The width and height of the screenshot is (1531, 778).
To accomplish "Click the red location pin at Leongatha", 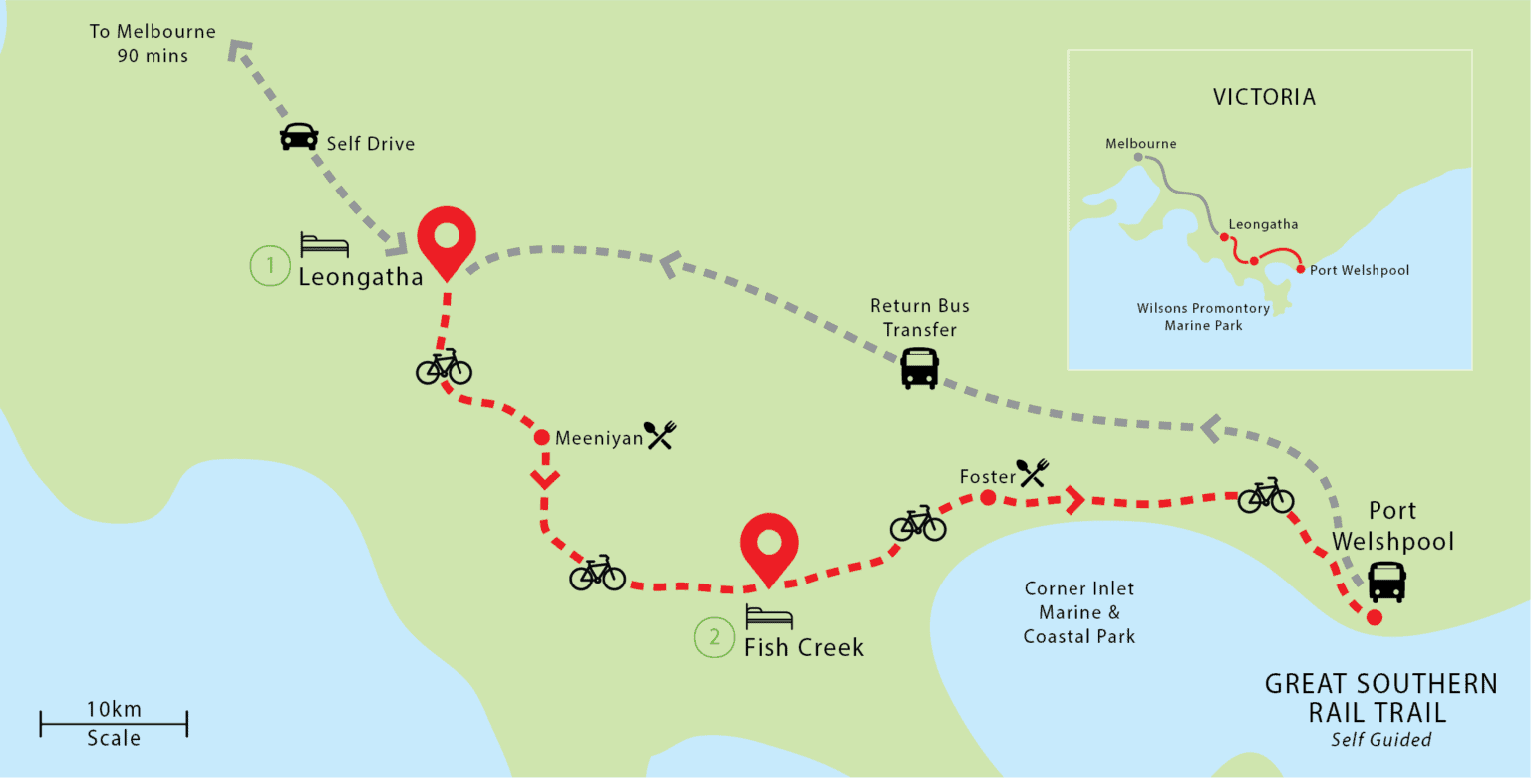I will click(446, 239).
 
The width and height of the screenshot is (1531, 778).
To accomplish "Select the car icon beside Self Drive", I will click(299, 137).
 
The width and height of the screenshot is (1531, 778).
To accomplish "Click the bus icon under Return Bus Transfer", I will click(919, 368).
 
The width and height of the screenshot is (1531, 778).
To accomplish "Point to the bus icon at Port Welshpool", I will click(1386, 582).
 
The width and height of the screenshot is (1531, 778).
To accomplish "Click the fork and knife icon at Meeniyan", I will click(660, 434).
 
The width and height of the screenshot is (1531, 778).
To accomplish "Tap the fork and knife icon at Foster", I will click(1033, 472).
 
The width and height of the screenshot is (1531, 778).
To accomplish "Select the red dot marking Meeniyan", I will click(542, 437).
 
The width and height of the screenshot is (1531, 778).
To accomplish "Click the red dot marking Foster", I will click(988, 498).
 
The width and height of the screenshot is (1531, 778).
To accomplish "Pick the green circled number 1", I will click(268, 266).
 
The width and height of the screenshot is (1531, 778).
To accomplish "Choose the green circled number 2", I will click(714, 638).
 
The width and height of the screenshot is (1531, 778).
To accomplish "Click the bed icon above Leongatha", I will click(325, 245).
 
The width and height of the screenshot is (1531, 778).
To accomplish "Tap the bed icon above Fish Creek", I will click(768, 617).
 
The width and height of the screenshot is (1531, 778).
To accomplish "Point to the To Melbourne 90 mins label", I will click(152, 44).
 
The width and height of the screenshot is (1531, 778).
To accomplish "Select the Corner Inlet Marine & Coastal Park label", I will click(1078, 612).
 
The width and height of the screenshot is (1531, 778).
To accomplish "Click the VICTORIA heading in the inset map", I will click(1264, 98).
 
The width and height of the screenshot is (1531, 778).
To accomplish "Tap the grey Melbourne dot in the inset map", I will click(1137, 158).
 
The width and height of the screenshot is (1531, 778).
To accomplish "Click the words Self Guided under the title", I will click(1380, 740).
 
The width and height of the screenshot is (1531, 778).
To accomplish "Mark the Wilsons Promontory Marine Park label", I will click(1203, 317).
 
